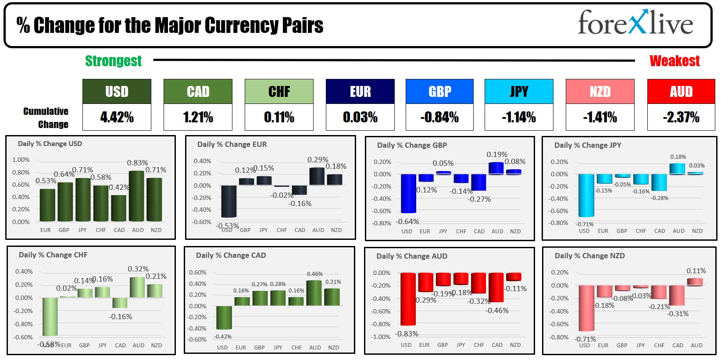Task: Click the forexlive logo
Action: [x=635, y=23]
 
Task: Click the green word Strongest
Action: [x=113, y=61]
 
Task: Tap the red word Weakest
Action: [x=675, y=61]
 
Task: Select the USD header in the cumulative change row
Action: [x=117, y=91]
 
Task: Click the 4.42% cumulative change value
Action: [x=117, y=117]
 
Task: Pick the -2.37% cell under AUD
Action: [x=681, y=117]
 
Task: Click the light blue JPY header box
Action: [x=519, y=91]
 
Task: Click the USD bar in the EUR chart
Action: [x=228, y=201]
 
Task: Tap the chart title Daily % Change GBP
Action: [x=412, y=145]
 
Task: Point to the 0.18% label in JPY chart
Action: [x=678, y=157]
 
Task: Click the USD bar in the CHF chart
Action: [x=50, y=317]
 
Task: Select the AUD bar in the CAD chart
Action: [x=314, y=293]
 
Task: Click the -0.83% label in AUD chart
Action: [x=407, y=334]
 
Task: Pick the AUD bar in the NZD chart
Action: [x=695, y=282]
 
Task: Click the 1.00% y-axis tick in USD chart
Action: [x=21, y=160]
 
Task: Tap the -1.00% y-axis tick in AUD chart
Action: [x=381, y=337]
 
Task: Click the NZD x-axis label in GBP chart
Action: [x=515, y=231]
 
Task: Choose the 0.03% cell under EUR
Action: [x=360, y=117]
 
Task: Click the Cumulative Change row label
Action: [x=46, y=118]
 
